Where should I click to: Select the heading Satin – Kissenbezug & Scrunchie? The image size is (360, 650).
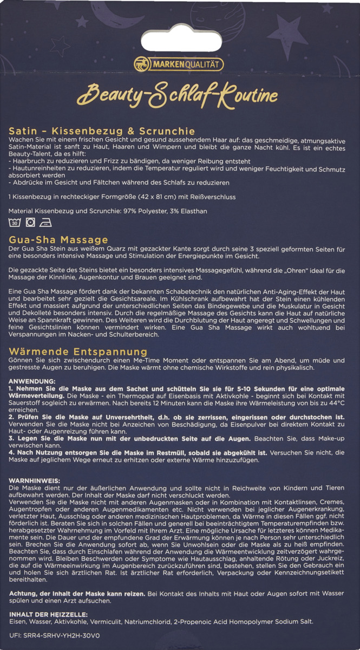point(102,131)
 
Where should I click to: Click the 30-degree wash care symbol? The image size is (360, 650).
point(15,222)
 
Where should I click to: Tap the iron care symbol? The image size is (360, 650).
point(47,222)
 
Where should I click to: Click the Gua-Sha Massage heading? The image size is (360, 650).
point(58,239)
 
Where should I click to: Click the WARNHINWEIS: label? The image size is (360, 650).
point(35,481)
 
